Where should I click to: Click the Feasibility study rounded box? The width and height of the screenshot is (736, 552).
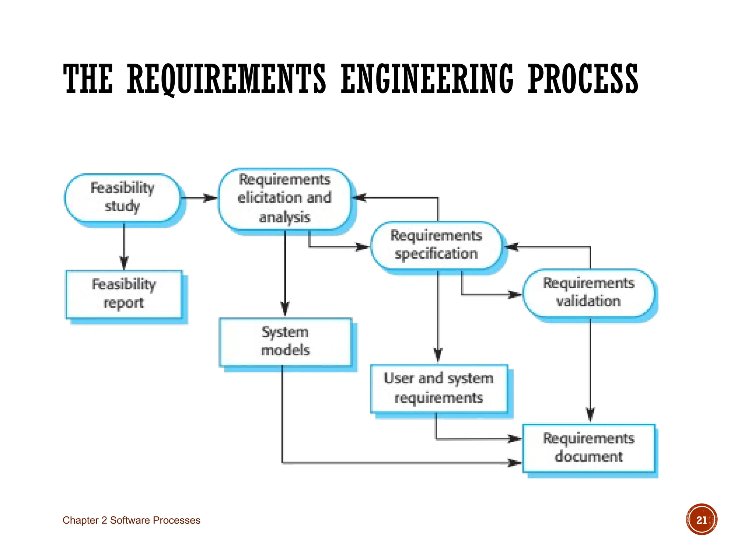tap(123, 198)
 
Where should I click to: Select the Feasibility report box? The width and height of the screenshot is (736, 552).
tap(124, 294)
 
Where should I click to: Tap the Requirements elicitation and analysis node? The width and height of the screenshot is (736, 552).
tap(285, 199)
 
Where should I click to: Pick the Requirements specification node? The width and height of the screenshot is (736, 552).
tap(436, 245)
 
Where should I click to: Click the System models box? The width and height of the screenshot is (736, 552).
tap(285, 342)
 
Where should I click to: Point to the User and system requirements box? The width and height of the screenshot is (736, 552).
tap(439, 388)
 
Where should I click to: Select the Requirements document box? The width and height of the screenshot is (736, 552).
tap(589, 448)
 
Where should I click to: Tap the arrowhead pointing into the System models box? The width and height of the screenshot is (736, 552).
tap(285, 309)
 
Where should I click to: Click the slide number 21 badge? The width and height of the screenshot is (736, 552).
tap(701, 520)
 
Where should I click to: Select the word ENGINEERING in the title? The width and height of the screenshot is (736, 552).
tap(427, 79)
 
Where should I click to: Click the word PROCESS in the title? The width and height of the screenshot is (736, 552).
tap(583, 79)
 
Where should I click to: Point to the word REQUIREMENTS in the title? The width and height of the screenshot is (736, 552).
tap(226, 79)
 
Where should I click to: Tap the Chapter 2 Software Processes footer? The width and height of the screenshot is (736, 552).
tap(132, 520)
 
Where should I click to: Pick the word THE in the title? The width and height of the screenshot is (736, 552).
tap(88, 79)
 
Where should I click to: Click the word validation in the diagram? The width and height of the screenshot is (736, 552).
tap(589, 301)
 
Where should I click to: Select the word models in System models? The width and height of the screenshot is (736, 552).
tap(285, 350)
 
